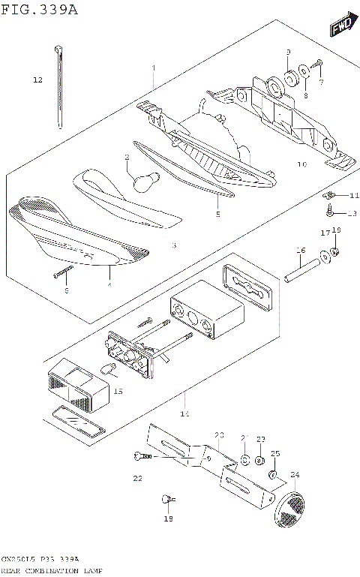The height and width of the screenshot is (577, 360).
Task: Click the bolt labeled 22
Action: point(143,455)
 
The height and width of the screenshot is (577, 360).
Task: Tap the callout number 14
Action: point(184,414)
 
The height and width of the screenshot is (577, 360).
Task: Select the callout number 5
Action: point(217,214)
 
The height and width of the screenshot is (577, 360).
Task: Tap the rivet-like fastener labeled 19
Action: point(167,497)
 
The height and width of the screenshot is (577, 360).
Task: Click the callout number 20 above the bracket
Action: point(219,435)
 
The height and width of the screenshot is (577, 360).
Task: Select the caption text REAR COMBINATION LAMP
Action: point(52,571)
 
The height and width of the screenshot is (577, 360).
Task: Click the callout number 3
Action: point(172,245)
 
